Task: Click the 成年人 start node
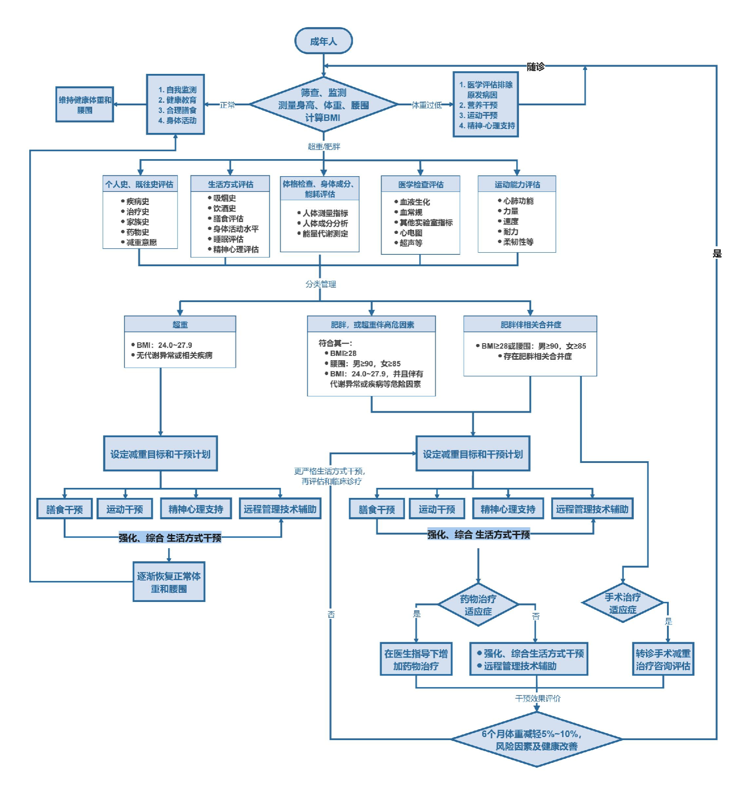(x=323, y=41)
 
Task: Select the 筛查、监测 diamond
(x=323, y=105)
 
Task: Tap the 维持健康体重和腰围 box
(x=85, y=105)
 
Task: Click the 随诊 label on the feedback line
(x=535, y=67)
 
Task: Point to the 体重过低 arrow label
(x=427, y=105)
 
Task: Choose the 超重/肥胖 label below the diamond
(x=324, y=146)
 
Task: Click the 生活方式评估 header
(x=230, y=184)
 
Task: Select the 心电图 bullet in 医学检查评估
(x=411, y=233)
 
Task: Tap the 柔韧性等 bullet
(x=518, y=242)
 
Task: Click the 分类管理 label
(x=320, y=284)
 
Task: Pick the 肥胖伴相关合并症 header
(x=531, y=325)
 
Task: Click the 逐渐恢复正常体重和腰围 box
(x=169, y=582)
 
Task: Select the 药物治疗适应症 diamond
(x=478, y=605)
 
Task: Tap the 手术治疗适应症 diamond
(x=622, y=603)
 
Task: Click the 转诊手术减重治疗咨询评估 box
(x=663, y=660)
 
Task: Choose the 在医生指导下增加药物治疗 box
(x=416, y=660)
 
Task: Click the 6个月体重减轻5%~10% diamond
(x=536, y=740)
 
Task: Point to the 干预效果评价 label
(x=538, y=699)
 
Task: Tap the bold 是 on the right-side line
(x=717, y=254)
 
